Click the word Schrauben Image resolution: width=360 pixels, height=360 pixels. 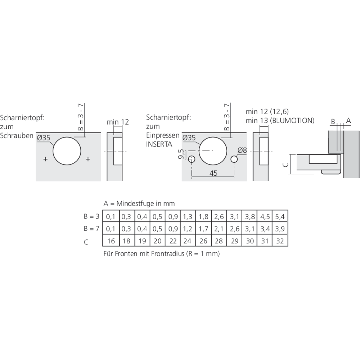[x=17, y=136]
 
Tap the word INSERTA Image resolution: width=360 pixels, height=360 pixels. [x=159, y=144]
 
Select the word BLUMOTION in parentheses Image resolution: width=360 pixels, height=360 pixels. [x=292, y=121]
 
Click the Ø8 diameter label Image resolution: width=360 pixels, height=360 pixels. [x=242, y=150]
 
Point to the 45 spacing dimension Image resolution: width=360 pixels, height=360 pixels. [x=213, y=173]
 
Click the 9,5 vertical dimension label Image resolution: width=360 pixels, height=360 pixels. [x=181, y=154]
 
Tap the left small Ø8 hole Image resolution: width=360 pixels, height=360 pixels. [x=192, y=159]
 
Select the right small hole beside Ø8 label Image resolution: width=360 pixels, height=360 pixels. [x=234, y=159]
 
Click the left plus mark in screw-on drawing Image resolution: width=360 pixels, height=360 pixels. [x=45, y=159]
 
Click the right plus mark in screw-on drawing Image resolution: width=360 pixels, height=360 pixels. [x=88, y=159]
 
